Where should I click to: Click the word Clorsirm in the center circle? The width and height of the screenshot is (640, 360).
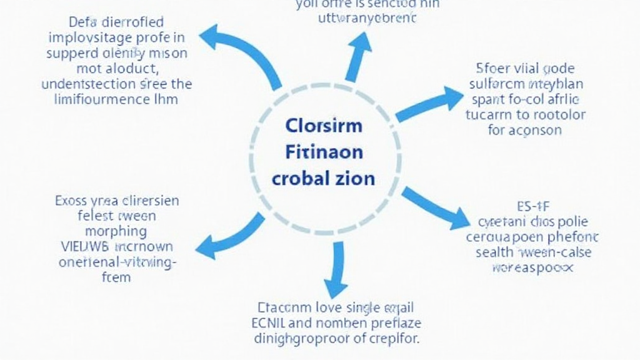323,126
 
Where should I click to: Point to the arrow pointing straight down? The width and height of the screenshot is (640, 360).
337,269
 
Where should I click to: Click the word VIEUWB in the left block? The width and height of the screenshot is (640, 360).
81,246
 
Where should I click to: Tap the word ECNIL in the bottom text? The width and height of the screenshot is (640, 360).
274,324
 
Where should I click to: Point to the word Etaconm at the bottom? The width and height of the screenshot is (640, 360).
285,307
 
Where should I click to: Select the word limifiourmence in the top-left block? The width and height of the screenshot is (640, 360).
90,99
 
